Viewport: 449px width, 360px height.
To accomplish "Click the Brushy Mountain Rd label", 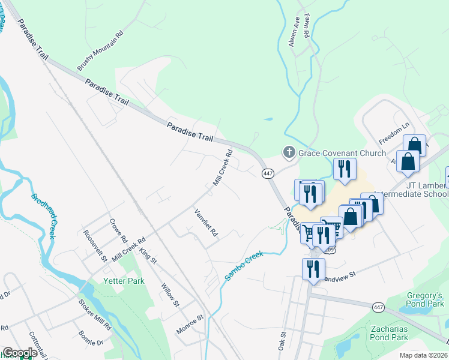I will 100,51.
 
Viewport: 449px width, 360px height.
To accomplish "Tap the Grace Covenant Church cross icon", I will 289,153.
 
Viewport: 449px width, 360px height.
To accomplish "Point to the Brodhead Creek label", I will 43,216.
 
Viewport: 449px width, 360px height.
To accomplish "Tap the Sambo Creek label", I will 244,265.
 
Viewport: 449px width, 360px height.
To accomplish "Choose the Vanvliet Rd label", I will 205,222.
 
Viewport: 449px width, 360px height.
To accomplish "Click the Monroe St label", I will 190,325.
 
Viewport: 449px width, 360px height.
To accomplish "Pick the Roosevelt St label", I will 95,246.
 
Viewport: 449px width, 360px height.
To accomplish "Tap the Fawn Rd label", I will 306,26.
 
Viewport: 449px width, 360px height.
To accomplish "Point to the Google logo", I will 20,353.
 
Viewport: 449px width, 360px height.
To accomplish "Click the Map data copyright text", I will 423,355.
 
